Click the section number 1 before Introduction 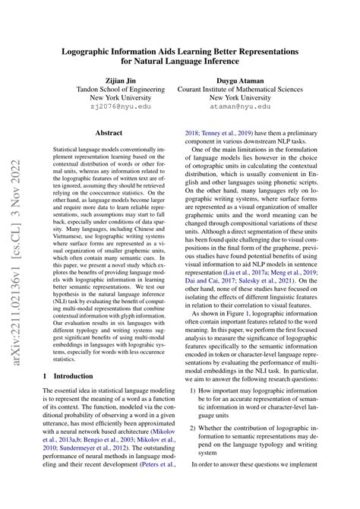pyautogui.click(x=49, y=375)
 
